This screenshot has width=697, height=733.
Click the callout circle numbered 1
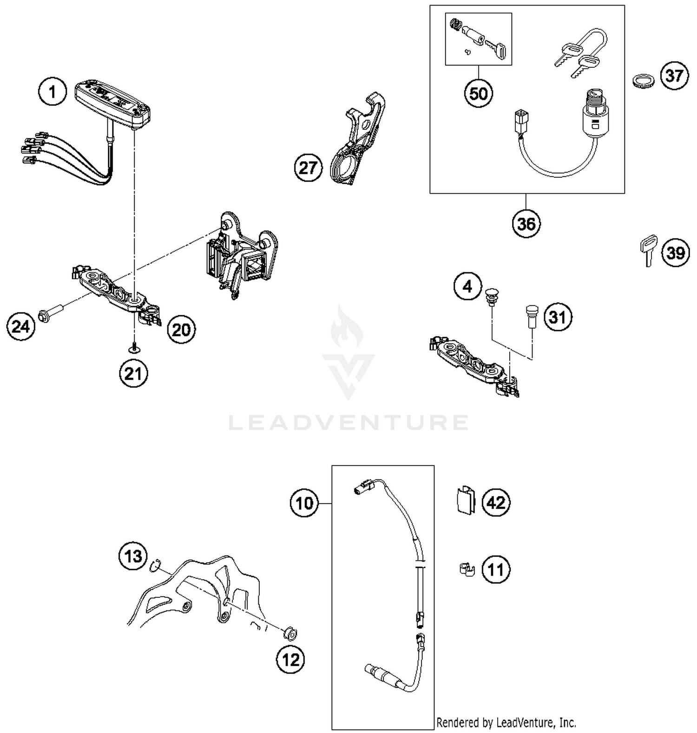point(53,91)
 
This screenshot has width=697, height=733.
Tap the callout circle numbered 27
point(308,168)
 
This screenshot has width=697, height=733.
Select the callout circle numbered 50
point(479,93)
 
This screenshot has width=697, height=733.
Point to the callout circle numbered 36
point(526,224)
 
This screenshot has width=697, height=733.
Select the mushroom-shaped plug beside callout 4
point(491,296)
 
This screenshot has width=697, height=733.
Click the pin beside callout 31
point(530,316)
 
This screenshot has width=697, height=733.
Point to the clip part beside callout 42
point(465,501)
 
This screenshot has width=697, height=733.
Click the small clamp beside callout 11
point(465,569)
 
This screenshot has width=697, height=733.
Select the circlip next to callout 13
point(155,566)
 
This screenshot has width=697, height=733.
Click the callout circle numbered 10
point(305,503)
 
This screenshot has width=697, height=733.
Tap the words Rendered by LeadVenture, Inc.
point(506,722)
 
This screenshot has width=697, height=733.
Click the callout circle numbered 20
point(181,330)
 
